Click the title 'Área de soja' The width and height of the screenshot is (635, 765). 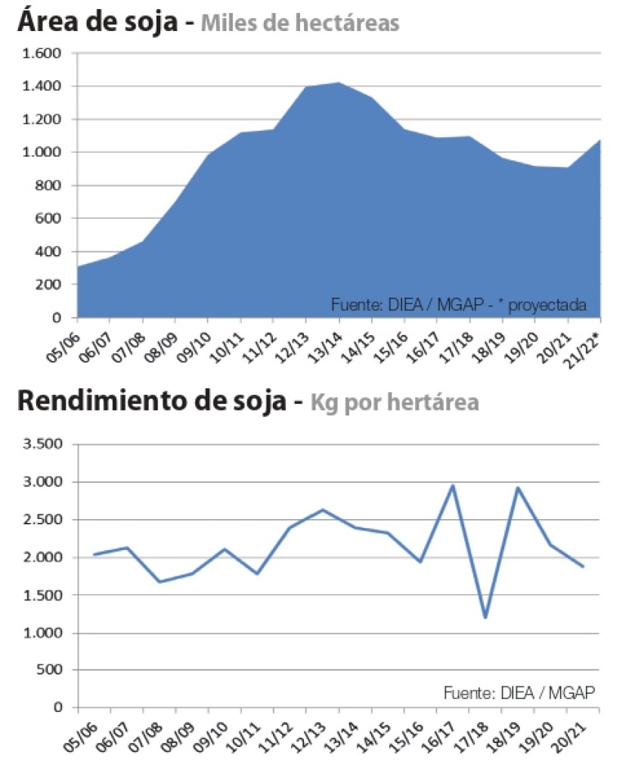pyautogui.click(x=99, y=21)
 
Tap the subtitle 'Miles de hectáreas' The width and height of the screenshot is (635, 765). pyautogui.click(x=299, y=23)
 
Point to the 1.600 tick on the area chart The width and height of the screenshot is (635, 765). pyautogui.click(x=43, y=54)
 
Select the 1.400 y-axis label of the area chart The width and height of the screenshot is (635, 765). pyautogui.click(x=43, y=87)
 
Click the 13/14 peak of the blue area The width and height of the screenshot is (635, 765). pyautogui.click(x=339, y=82)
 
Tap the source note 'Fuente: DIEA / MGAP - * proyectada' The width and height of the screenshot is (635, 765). pyautogui.click(x=459, y=305)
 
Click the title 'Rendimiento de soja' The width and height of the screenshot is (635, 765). pyautogui.click(x=151, y=401)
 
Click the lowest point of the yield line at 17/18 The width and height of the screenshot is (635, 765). pyautogui.click(x=485, y=617)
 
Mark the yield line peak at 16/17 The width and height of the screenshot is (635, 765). pyautogui.click(x=453, y=485)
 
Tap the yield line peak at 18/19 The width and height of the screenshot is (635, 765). pyautogui.click(x=518, y=487)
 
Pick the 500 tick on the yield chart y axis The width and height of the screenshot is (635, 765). pyautogui.click(x=52, y=670)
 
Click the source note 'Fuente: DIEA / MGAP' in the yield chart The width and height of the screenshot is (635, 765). pyautogui.click(x=519, y=692)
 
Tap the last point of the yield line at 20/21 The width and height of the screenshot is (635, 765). pyautogui.click(x=583, y=567)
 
